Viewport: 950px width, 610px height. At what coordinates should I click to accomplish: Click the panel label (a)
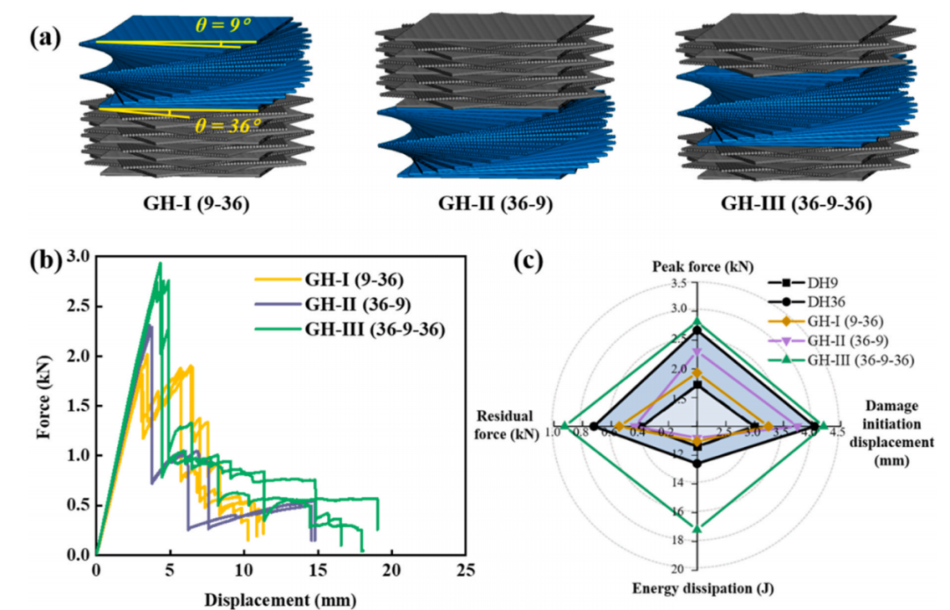44,40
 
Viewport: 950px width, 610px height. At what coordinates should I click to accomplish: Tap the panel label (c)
530,261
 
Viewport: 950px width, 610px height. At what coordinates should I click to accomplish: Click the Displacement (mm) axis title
281,600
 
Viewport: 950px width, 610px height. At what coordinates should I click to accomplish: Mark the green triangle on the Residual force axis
566,426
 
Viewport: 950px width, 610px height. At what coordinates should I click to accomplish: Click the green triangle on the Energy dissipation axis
697,529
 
